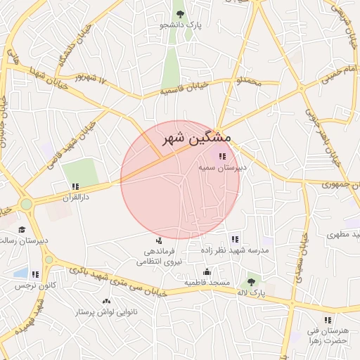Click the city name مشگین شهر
pyautogui.click(x=195, y=139)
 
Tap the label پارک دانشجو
pyautogui.click(x=181, y=25)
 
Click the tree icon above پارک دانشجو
pyautogui.click(x=181, y=13)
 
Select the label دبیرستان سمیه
pyautogui.click(x=222, y=169)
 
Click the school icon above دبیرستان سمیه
pyautogui.click(x=222, y=157)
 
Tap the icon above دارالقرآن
pyautogui.click(x=75, y=187)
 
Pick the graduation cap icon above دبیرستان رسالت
pyautogui.click(x=22, y=230)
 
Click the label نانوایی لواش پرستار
pyautogui.click(x=106, y=311)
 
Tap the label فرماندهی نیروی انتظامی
pyautogui.click(x=163, y=256)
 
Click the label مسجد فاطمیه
pyautogui.click(x=207, y=283)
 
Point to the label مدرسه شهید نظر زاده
pyautogui.click(x=235, y=250)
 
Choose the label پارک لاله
pyautogui.click(x=251, y=292)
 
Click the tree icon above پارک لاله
pyautogui.click(x=251, y=281)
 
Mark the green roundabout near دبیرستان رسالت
pyautogui.click(x=27, y=205)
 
